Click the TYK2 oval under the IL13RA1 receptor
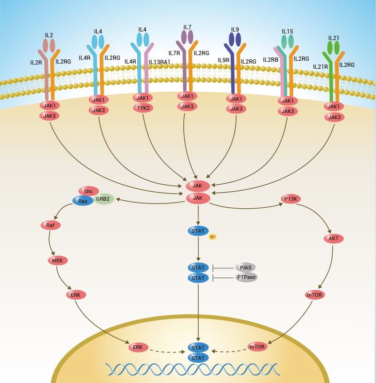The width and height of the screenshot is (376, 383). [x=142, y=108]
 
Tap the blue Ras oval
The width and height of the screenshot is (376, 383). [x=83, y=201]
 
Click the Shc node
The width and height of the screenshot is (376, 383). [x=88, y=191]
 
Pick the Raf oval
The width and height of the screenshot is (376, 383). [x=50, y=225]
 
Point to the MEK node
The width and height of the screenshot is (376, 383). [x=58, y=260]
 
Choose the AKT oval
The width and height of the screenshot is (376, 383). [x=334, y=238]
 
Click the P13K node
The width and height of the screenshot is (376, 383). [x=290, y=199]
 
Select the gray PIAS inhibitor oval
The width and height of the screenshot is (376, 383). [x=245, y=268]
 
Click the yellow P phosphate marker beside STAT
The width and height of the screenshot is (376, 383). [x=212, y=237]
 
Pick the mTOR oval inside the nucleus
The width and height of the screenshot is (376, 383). [x=257, y=347]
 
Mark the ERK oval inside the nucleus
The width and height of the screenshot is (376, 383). [x=138, y=347]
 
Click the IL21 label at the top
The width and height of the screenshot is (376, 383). [x=334, y=38]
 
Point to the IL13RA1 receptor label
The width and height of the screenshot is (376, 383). [x=159, y=62]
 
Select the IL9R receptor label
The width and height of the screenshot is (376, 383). [x=223, y=60]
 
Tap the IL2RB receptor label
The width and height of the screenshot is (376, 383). [x=270, y=59]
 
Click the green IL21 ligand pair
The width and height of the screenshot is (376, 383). [x=333, y=48]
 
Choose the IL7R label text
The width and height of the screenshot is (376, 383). [x=174, y=53]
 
